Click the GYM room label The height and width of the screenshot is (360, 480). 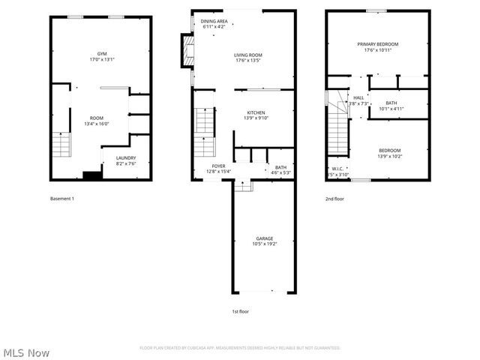[101, 54]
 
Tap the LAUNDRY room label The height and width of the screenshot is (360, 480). [125, 157]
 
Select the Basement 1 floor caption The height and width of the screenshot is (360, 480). [62, 199]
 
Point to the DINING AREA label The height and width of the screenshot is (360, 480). [215, 22]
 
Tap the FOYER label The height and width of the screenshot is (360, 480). [219, 166]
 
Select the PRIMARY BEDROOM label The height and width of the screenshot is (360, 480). [377, 44]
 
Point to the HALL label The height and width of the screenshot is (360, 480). [358, 97]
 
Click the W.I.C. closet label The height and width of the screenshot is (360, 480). [337, 168]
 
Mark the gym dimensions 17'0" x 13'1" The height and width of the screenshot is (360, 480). [101, 59]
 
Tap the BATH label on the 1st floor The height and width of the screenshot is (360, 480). [280, 167]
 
